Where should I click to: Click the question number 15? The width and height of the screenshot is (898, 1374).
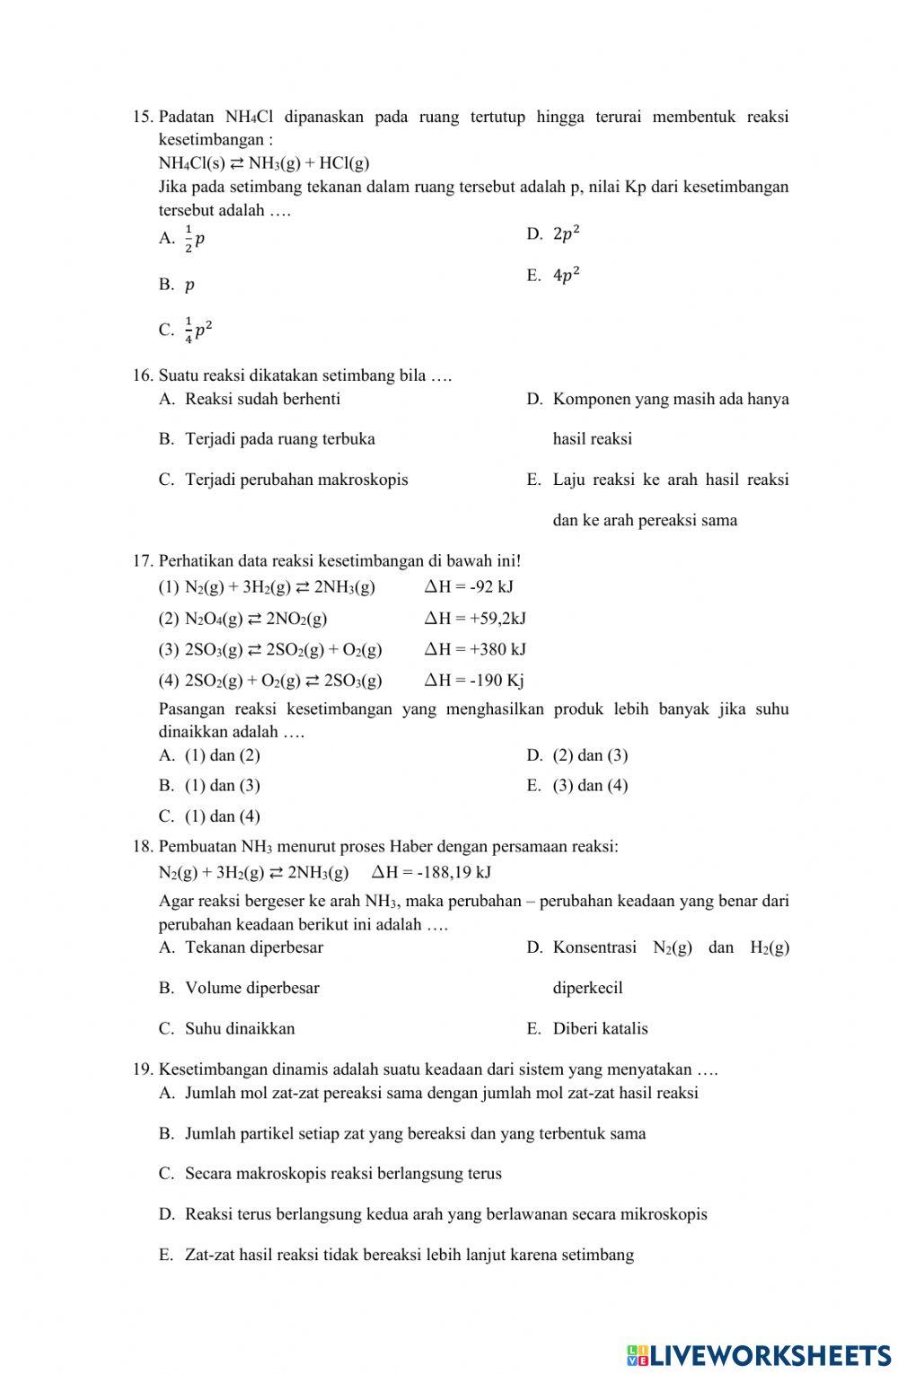142,117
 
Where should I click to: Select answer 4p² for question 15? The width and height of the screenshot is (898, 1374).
566,276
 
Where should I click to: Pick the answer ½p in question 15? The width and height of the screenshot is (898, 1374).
194,238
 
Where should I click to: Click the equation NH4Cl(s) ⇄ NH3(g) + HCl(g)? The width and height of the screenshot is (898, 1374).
263,163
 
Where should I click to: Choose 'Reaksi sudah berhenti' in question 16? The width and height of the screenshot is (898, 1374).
262,399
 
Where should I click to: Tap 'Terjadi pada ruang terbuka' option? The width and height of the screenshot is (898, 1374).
279,439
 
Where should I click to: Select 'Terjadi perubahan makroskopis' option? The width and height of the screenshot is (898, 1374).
295,480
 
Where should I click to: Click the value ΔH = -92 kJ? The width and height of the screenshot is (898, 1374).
469,587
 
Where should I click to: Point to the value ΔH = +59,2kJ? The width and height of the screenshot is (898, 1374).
475,619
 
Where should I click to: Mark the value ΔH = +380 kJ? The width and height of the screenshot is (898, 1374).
475,649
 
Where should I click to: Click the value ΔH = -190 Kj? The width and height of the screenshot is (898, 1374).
474,680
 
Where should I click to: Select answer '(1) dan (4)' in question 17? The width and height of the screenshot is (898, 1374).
222,816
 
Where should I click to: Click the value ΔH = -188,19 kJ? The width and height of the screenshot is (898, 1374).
431,872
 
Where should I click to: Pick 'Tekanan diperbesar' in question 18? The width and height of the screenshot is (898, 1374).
253,947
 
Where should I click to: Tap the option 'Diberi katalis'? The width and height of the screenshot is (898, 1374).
600,1029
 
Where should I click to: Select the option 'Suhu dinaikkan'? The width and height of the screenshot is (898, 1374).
239,1029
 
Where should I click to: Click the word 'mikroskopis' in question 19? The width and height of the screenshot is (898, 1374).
665,1214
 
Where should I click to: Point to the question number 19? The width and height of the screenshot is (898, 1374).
142,1070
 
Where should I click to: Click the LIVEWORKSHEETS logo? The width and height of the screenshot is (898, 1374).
759,1355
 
